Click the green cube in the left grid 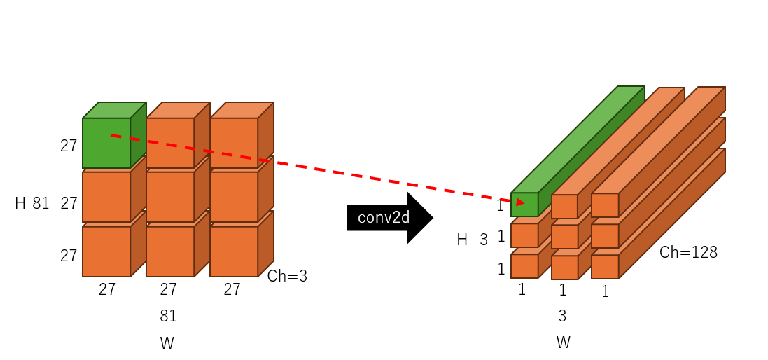[x=106, y=143]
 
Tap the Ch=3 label [x=287, y=276]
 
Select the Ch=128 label [x=688, y=252]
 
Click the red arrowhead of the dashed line [x=520, y=202]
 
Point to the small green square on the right [x=524, y=205]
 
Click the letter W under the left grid [x=167, y=343]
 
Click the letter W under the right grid [x=563, y=342]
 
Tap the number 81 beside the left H [x=41, y=204]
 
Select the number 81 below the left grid [x=168, y=316]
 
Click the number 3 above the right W [x=562, y=316]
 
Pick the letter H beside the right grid [x=462, y=240]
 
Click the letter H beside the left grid [x=20, y=204]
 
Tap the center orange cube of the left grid [x=170, y=197]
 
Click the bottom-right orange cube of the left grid [x=234, y=251]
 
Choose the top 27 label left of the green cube [x=69, y=146]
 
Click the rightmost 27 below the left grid [x=232, y=289]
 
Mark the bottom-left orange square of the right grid [x=524, y=266]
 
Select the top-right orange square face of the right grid [x=605, y=205]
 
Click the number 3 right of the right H [x=484, y=240]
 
